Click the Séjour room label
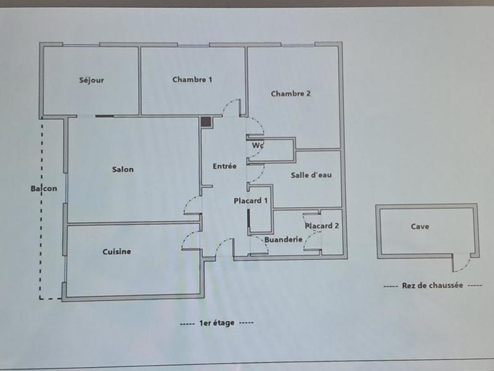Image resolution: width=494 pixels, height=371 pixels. click(x=91, y=80)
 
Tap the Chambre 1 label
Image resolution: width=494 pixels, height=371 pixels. click(x=192, y=79)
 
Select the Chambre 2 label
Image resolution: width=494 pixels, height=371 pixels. click(x=290, y=94)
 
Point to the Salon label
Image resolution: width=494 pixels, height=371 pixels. click(x=123, y=169)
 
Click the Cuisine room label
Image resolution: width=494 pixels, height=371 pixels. click(x=117, y=252)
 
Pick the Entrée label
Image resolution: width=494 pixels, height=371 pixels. click(x=225, y=166)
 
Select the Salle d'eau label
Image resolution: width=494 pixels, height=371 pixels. click(x=311, y=175)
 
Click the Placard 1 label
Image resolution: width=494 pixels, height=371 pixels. click(x=251, y=201)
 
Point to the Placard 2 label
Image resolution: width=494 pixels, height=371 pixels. click(x=322, y=226)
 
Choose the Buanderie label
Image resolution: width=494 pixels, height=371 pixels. click(x=283, y=239)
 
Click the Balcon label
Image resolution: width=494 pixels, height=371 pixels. click(x=44, y=189)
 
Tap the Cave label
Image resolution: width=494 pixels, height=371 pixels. click(x=420, y=226)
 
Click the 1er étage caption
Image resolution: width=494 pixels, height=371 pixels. click(x=216, y=323)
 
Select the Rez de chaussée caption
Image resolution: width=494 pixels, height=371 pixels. click(x=432, y=286)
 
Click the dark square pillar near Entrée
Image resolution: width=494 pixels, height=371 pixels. click(x=206, y=122)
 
